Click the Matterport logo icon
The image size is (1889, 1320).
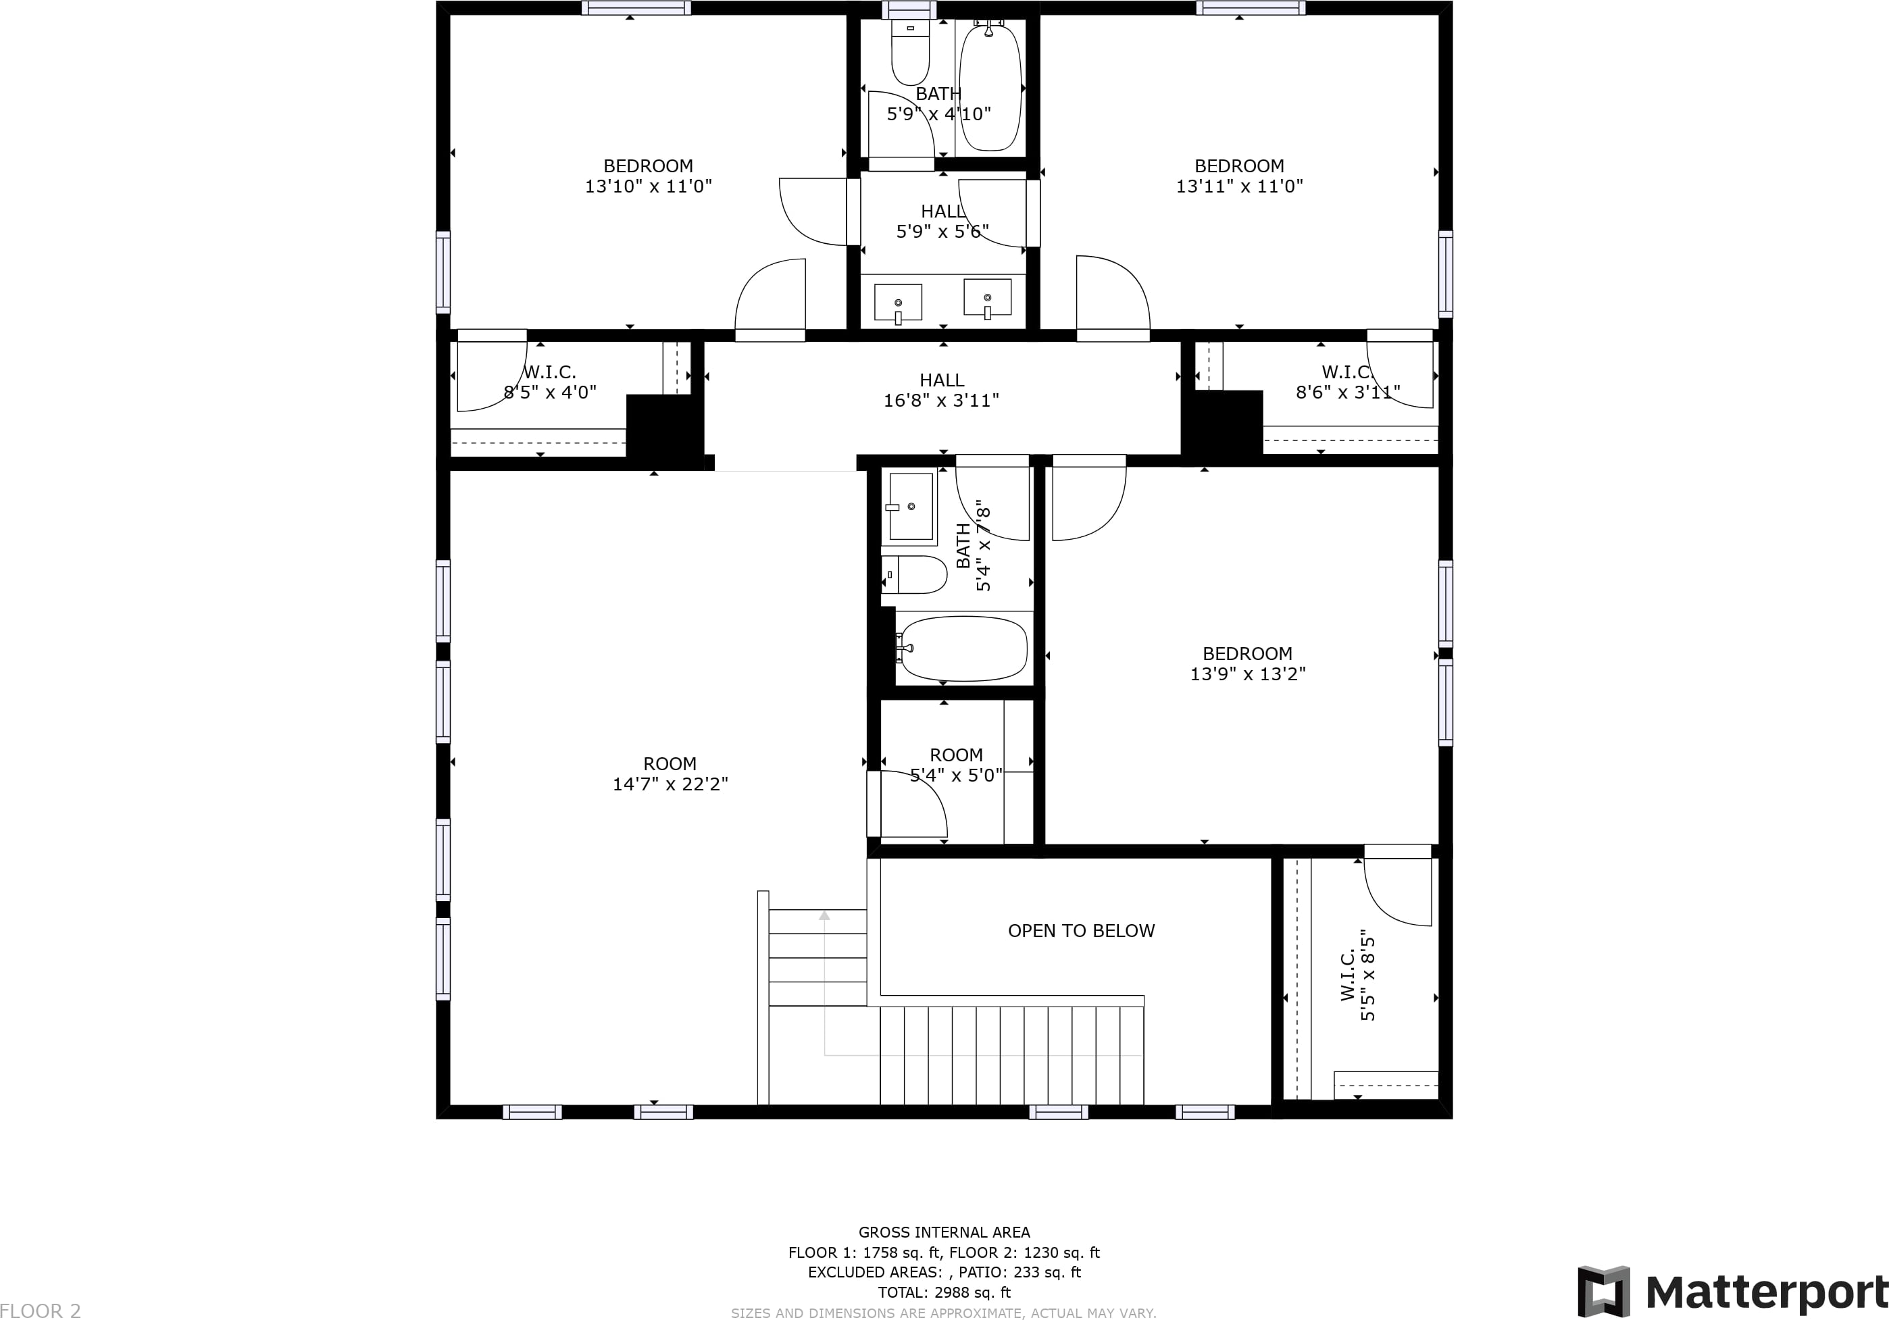tap(1603, 1291)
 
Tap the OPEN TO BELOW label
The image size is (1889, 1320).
tap(1081, 930)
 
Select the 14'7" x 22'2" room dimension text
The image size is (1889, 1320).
tap(670, 784)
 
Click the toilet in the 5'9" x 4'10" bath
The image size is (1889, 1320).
tap(910, 53)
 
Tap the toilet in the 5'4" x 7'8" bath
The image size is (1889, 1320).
tap(914, 574)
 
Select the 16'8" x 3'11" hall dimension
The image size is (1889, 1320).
tap(941, 401)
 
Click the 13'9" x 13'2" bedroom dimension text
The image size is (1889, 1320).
tap(1247, 674)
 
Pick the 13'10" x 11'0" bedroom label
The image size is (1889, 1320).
tap(649, 176)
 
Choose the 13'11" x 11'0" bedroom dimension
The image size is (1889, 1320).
tap(1239, 186)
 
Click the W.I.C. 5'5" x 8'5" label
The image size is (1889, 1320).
tap(1357, 975)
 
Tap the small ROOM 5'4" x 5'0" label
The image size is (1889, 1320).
tap(956, 765)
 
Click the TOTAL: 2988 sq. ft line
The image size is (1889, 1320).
tap(944, 1292)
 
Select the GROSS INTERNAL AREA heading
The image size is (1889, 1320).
tap(944, 1232)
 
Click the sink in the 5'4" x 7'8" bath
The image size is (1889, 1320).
tap(910, 507)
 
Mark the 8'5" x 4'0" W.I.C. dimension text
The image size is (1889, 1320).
tap(549, 392)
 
